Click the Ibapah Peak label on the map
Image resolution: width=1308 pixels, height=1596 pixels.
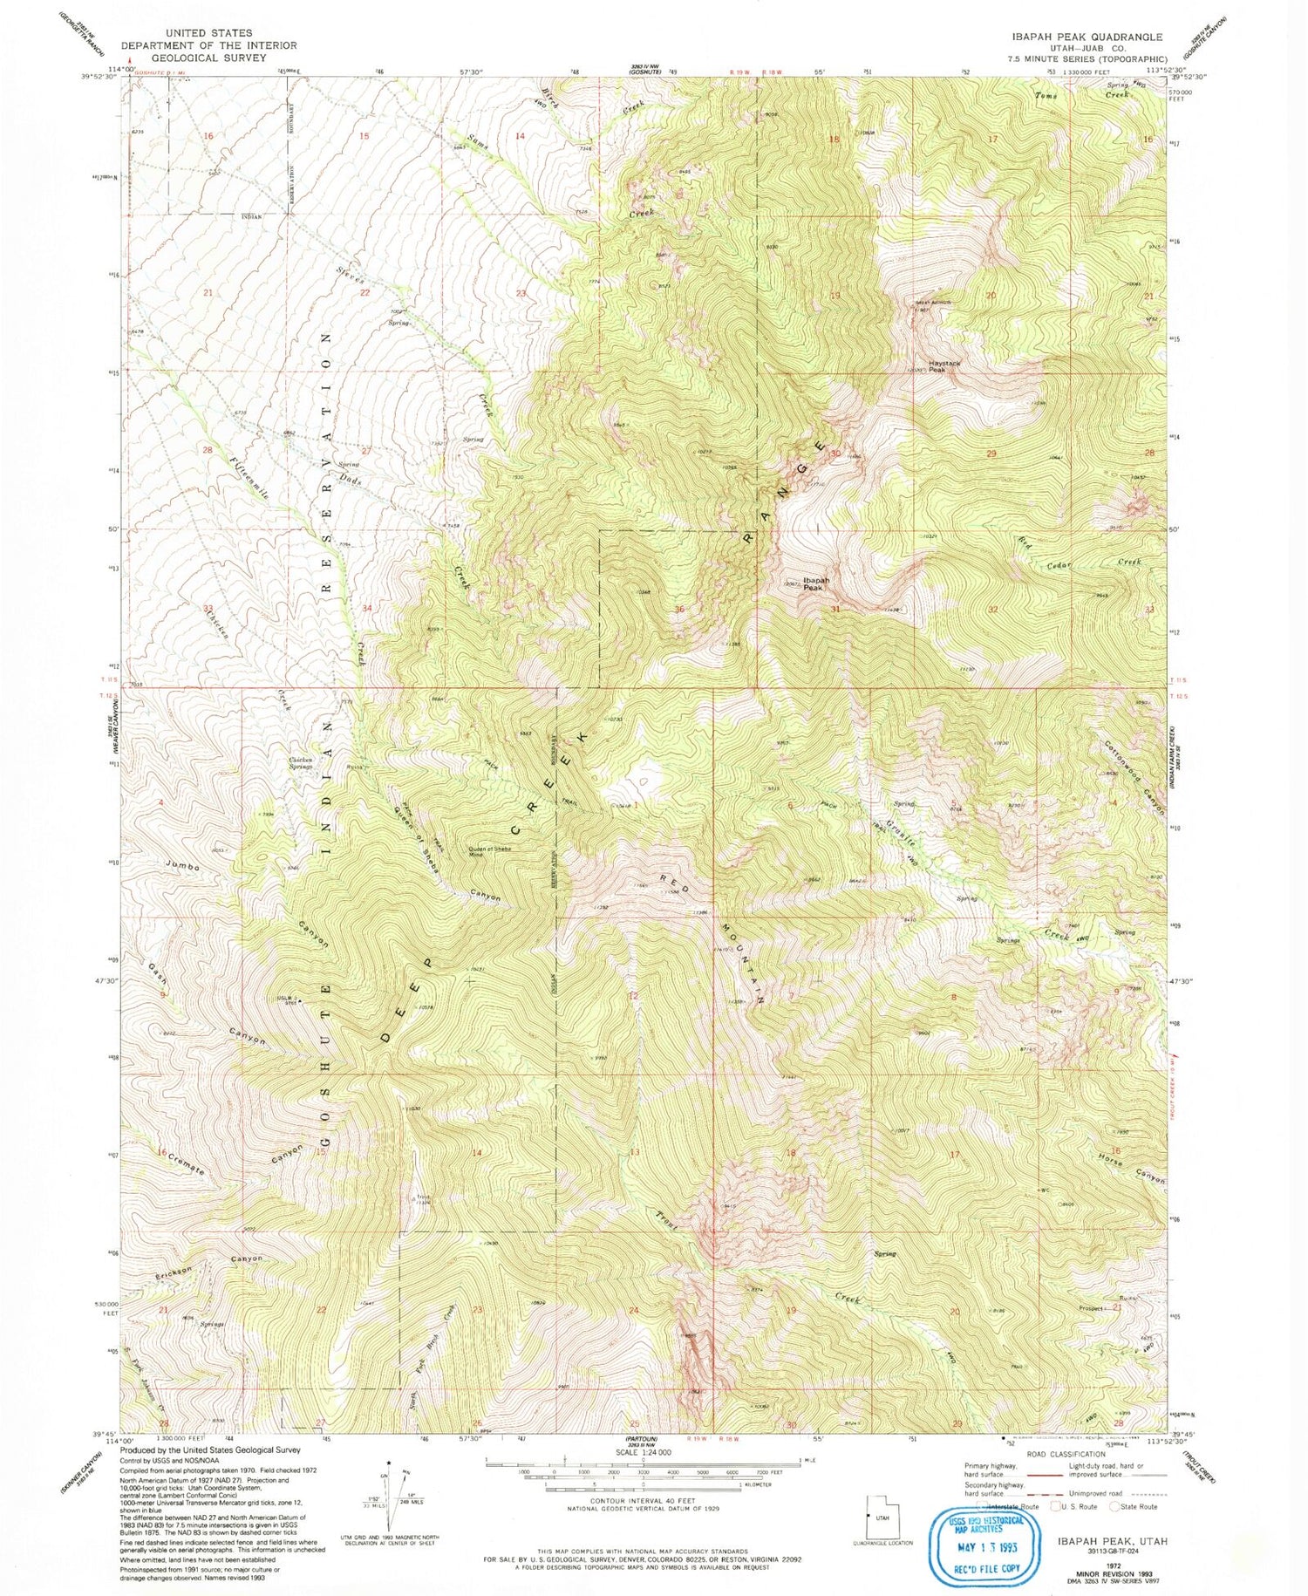click(816, 583)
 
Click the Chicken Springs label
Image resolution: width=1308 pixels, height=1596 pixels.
click(300, 763)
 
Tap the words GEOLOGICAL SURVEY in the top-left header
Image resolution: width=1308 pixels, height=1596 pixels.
click(208, 58)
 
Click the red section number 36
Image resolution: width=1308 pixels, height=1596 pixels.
click(678, 609)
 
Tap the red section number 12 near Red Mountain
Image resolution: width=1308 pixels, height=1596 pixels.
click(633, 995)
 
